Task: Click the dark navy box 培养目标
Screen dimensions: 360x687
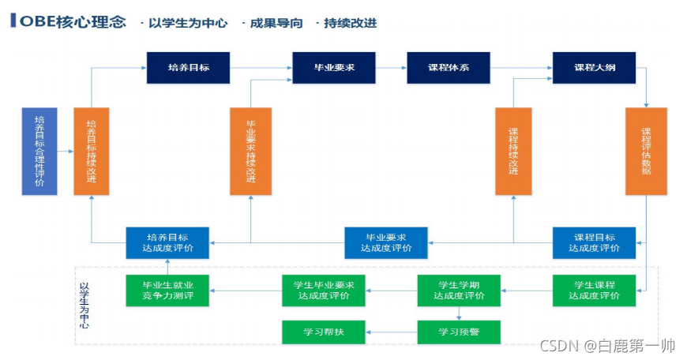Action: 188,68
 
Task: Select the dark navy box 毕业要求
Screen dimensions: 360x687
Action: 333,68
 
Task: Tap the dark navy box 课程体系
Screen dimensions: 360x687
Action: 448,68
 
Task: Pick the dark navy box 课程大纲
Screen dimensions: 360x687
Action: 594,68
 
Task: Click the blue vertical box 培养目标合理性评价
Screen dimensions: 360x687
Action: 39,152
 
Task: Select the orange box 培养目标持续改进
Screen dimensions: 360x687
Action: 91,152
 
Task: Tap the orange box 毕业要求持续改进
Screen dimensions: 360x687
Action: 250,152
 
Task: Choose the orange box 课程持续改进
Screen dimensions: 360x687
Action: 513,152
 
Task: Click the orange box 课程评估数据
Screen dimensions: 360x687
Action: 646,152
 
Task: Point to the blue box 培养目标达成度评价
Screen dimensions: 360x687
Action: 167,242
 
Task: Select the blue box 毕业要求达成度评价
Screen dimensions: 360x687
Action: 385,242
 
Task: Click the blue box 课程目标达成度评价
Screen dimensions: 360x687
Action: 594,242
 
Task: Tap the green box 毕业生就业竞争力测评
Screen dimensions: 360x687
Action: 167,291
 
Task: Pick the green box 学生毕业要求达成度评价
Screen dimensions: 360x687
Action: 324,291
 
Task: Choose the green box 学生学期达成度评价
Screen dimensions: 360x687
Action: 459,291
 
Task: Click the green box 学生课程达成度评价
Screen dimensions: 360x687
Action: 594,291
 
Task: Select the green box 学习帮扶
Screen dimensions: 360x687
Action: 324,332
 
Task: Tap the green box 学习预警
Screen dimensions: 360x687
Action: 459,332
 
